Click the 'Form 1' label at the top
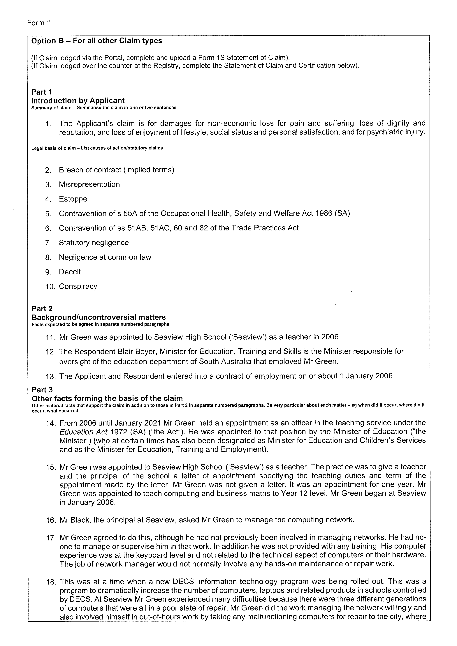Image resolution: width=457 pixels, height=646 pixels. [x=38, y=23]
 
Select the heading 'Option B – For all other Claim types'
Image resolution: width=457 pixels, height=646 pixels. [x=96, y=41]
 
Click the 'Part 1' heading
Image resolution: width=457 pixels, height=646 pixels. [x=42, y=92]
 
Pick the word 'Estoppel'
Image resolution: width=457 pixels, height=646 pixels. [x=74, y=199]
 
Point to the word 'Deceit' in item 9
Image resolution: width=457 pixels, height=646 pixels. [x=70, y=272]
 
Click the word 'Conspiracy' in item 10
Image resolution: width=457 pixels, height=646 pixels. [x=78, y=286]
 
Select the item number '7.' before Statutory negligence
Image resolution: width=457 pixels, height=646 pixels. [x=48, y=243]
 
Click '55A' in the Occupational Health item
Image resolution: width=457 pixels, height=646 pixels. [x=130, y=213]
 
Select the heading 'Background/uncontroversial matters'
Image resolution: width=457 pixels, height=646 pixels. [x=99, y=317]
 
